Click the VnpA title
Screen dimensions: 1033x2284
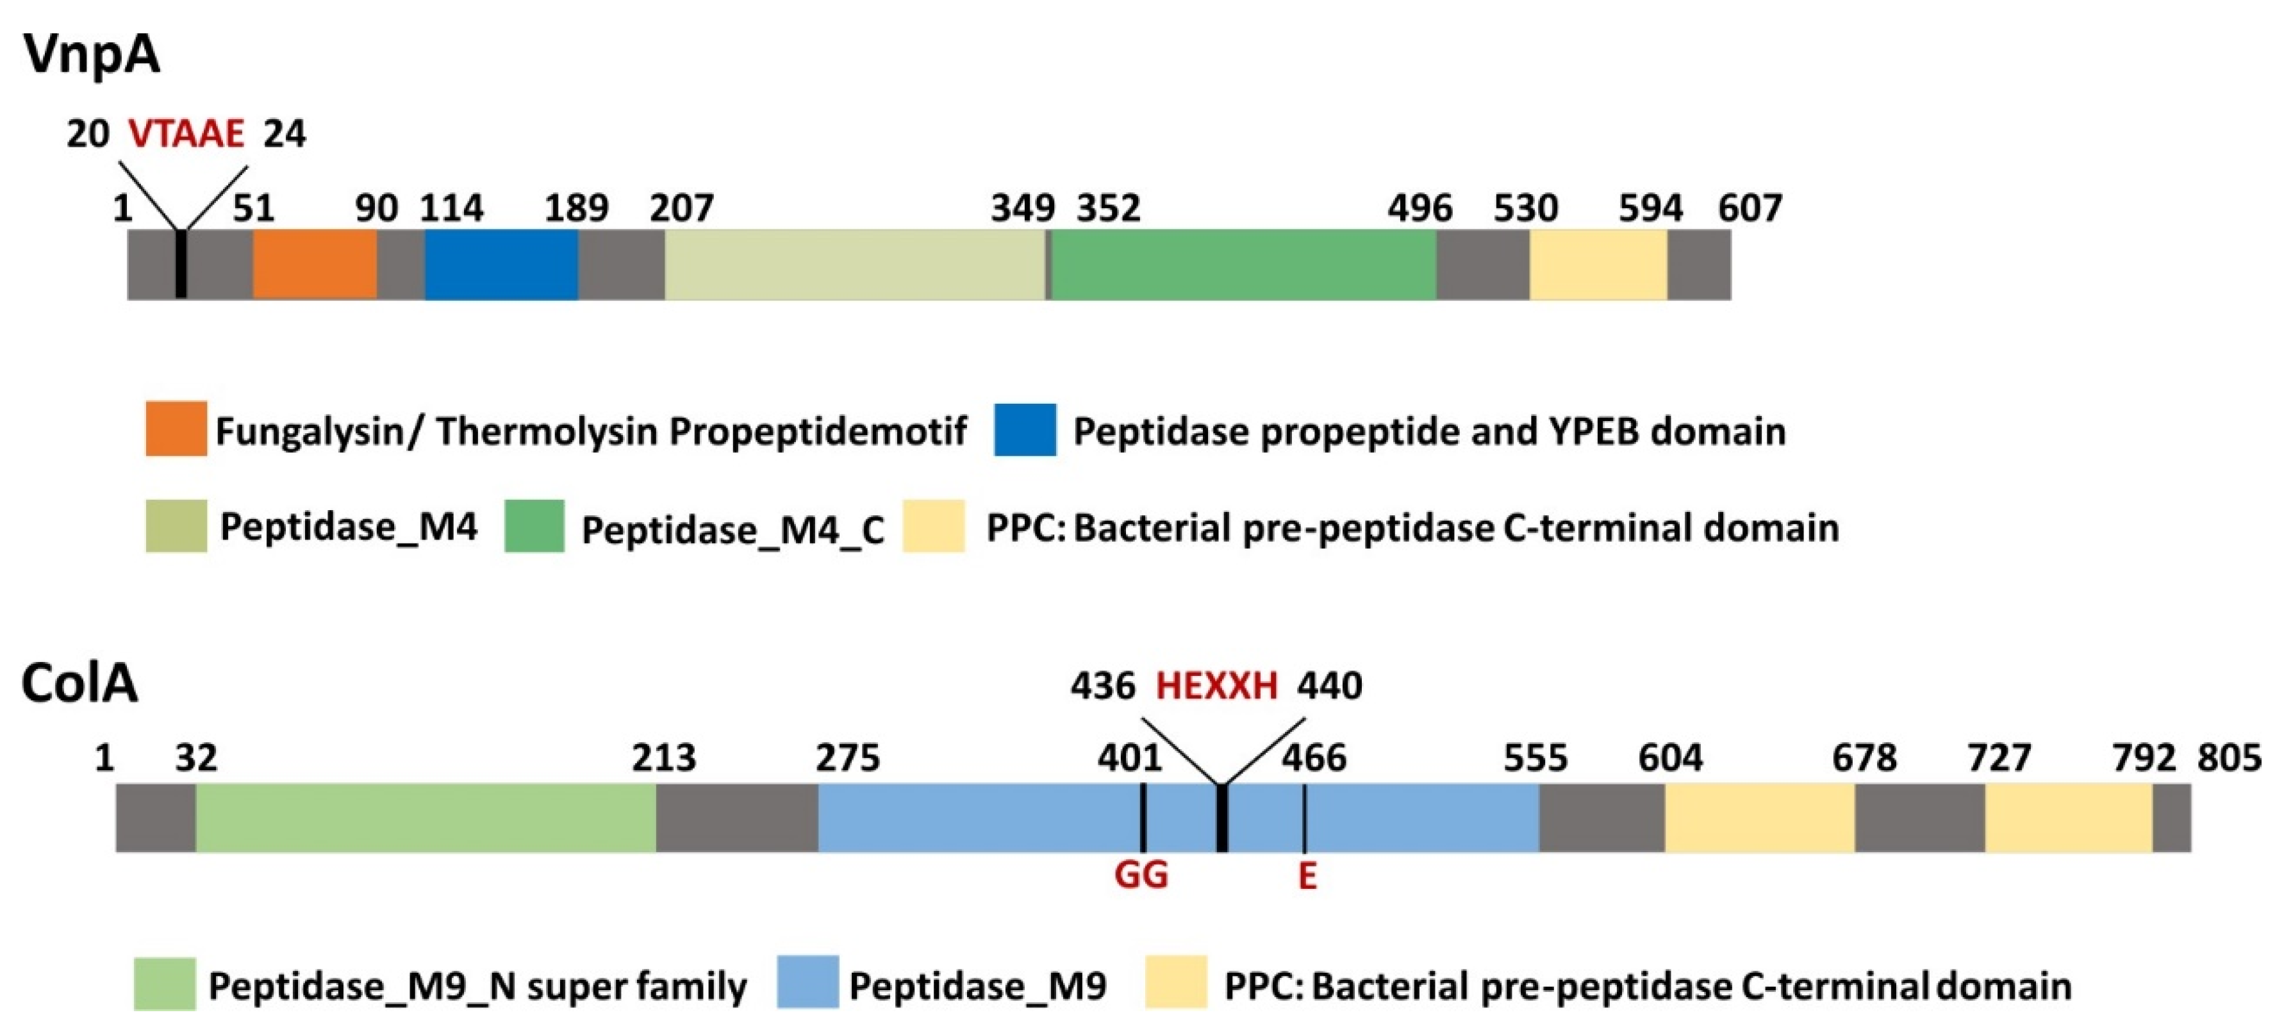pos(92,55)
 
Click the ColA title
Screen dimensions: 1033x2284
pos(80,684)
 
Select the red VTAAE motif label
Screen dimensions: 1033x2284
pos(186,134)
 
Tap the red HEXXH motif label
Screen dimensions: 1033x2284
pos(1216,686)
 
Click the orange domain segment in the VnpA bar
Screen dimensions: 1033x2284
pos(315,264)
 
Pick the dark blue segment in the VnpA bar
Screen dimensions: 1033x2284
pos(501,264)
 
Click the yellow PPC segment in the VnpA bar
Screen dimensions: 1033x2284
pos(1598,264)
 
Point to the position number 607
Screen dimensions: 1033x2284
pos(1750,208)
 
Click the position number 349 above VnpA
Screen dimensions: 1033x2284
pos(1022,208)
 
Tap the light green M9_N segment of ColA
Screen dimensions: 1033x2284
pos(426,816)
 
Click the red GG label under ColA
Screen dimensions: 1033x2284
pos(1141,875)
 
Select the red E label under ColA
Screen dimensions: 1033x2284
pos(1307,875)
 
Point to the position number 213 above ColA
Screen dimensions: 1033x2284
pos(663,758)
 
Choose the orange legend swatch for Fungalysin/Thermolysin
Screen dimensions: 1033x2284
pos(176,429)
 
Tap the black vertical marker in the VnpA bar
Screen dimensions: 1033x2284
pos(181,264)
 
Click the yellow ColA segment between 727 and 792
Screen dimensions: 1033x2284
pos(2067,816)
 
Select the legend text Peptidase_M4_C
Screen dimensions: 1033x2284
pos(732,529)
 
